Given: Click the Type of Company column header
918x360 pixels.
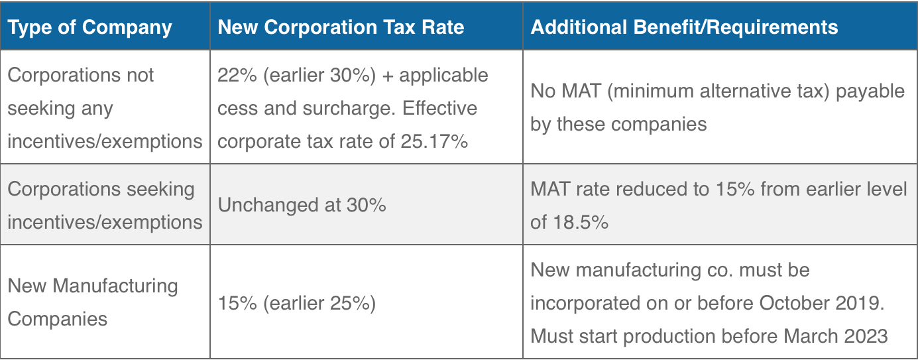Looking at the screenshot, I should [x=89, y=27].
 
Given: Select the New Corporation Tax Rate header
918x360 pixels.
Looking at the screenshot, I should [x=341, y=27].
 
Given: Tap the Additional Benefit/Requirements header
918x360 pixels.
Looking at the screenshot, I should [x=684, y=27].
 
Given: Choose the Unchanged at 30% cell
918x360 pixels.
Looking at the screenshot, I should [x=302, y=205].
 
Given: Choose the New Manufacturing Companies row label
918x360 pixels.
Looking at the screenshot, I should [x=93, y=302].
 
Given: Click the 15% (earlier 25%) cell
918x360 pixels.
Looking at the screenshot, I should [x=296, y=303].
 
